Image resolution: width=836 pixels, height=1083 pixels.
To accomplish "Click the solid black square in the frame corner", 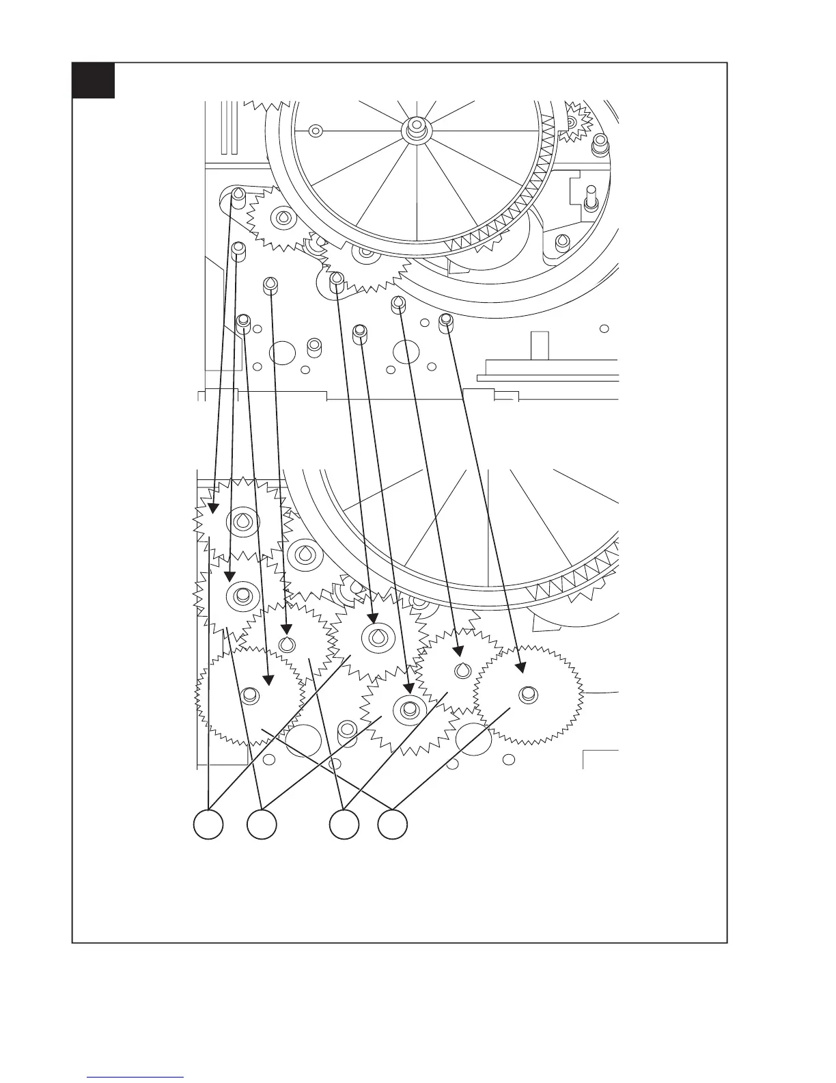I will (94, 81).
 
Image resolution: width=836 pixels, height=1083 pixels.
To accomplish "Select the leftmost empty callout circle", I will (208, 824).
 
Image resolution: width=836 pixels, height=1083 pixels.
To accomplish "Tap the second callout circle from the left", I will (262, 824).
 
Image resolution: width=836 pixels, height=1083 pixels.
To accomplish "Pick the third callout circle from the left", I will (344, 824).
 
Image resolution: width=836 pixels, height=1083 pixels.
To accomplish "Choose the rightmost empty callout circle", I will (393, 824).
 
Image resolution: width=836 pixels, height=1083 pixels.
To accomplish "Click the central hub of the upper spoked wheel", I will (415, 127).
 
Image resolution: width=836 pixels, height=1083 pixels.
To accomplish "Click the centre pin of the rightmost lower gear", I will (526, 694).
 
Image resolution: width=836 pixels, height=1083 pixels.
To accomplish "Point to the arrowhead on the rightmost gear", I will (520, 666).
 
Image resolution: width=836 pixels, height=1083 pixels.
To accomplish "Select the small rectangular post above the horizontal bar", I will (540, 344).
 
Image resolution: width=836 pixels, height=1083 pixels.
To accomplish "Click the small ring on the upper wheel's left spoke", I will (315, 130).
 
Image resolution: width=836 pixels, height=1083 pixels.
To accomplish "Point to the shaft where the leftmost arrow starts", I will (238, 196).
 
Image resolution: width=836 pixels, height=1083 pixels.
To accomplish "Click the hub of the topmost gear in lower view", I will (242, 522).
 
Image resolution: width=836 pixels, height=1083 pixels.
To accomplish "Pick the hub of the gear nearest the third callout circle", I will (406, 708).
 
